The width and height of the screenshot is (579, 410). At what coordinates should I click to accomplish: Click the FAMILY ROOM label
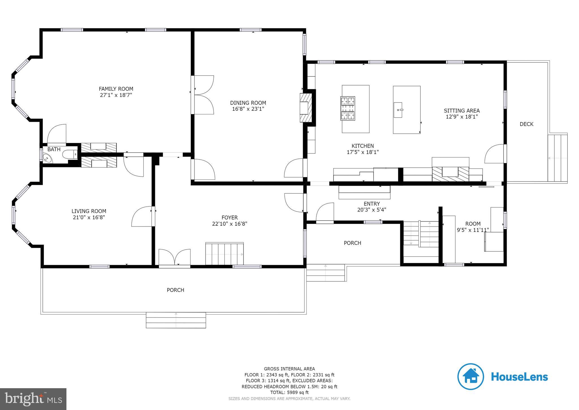[116, 89]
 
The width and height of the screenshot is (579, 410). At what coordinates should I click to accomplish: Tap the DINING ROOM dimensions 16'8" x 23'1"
[248, 109]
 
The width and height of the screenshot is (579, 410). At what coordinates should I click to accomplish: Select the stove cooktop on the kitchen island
[348, 108]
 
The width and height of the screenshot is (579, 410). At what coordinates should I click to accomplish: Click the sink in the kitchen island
[398, 110]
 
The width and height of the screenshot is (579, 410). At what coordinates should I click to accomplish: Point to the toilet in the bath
[70, 155]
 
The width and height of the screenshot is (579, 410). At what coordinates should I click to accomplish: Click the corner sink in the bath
[46, 158]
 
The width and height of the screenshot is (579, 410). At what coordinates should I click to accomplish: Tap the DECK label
[526, 124]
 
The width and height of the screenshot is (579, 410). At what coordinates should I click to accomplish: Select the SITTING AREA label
[462, 111]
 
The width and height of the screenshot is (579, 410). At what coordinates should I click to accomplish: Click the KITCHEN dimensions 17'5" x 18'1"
[363, 152]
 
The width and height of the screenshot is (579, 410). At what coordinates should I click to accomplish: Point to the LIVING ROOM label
[89, 211]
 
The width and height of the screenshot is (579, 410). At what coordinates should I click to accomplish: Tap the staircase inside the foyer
[224, 254]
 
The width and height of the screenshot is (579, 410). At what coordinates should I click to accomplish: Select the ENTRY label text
[372, 204]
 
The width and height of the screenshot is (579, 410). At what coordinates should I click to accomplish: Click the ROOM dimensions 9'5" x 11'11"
[473, 230]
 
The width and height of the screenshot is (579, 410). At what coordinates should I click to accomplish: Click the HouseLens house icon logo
[471, 377]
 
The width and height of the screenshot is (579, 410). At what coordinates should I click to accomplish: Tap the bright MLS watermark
[33, 399]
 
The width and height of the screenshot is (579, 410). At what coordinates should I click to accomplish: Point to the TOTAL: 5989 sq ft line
[289, 392]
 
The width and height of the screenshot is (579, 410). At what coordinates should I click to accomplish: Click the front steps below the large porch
[176, 320]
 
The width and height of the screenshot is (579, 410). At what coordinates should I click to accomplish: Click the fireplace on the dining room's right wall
[306, 108]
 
